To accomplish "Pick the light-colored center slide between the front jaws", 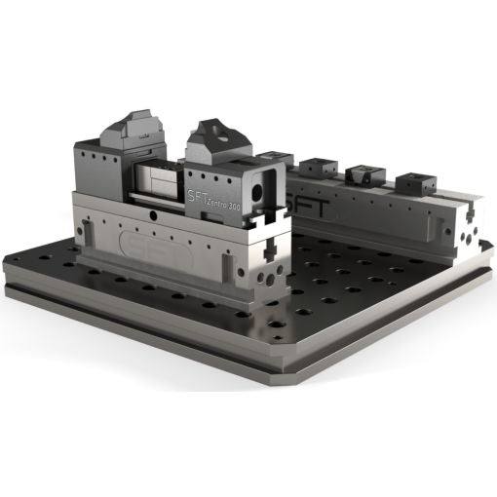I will (159, 179).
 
